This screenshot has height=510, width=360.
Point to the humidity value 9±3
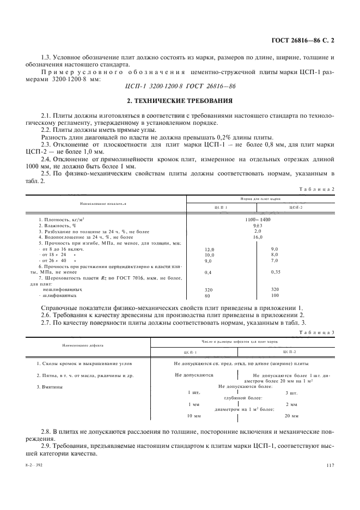[258, 225]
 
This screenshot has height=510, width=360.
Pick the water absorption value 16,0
[258, 237]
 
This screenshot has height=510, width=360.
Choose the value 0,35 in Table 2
[275, 271]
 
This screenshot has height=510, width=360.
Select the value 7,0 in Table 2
[274, 261]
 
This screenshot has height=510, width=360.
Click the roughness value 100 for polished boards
[274, 295]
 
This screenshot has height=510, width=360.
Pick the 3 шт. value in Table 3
[291, 392]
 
